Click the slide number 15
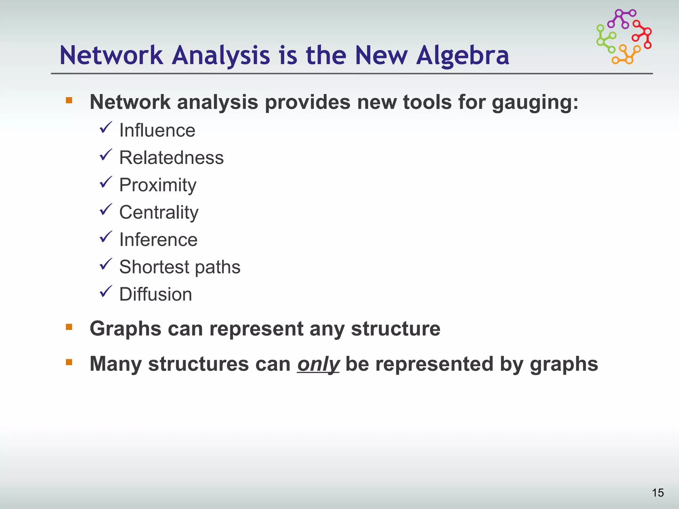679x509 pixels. (x=658, y=493)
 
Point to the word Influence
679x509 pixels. (x=157, y=130)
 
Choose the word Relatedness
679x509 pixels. (x=171, y=158)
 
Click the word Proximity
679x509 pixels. (x=158, y=185)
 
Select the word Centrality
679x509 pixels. (x=159, y=212)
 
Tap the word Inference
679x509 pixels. (x=158, y=240)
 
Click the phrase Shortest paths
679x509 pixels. (x=180, y=267)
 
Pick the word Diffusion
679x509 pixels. (x=155, y=294)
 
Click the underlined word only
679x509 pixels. (x=318, y=364)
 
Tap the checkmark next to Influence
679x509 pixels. (x=106, y=128)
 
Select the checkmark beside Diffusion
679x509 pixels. (x=106, y=292)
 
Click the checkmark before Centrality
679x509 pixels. (x=106, y=210)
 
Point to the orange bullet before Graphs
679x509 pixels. (x=69, y=327)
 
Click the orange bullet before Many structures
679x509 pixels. (x=69, y=362)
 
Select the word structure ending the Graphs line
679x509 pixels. (x=396, y=329)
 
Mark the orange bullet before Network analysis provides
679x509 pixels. (x=69, y=100)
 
